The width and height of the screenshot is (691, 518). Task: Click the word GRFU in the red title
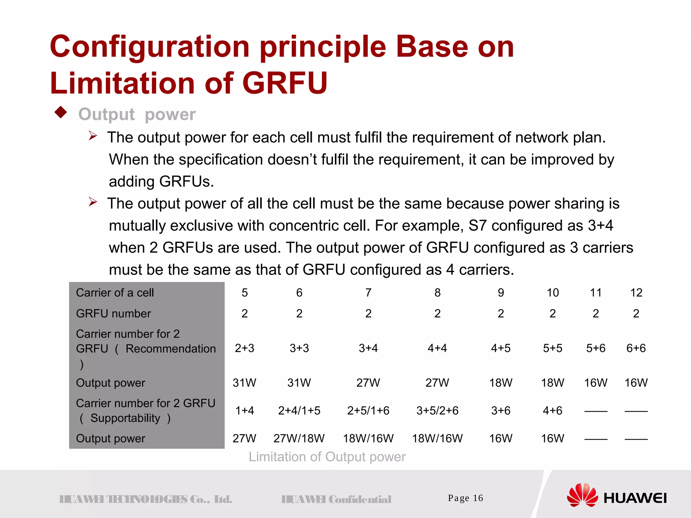[284, 83]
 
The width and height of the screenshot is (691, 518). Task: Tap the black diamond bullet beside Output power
[61, 112]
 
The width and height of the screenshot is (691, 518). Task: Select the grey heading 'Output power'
[137, 114]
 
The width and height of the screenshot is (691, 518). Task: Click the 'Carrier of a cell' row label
[115, 293]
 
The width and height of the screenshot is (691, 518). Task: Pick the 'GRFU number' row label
[113, 314]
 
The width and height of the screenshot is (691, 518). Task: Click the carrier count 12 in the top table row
[636, 293]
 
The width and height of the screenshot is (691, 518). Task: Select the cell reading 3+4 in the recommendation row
[368, 348]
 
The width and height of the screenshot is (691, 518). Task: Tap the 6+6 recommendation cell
[636, 348]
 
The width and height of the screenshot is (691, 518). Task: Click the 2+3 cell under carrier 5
[245, 348]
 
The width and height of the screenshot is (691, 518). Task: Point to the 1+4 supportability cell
[245, 411]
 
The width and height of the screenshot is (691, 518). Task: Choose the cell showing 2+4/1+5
[299, 411]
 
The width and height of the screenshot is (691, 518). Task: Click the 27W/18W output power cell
[299, 438]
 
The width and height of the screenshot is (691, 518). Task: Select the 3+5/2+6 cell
[437, 411]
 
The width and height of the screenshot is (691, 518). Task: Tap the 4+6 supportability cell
[552, 411]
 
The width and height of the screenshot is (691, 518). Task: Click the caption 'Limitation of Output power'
[327, 457]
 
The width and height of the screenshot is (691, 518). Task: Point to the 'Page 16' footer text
[465, 498]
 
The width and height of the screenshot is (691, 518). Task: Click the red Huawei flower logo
[582, 495]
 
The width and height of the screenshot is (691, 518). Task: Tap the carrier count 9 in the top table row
[501, 293]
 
